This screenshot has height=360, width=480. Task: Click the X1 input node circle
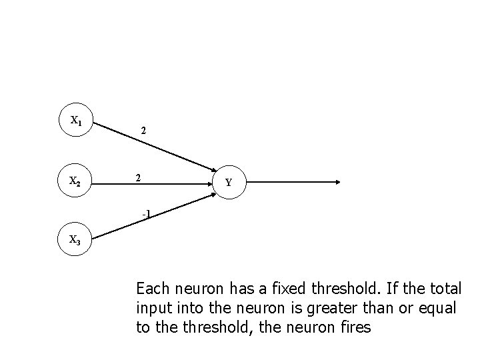[76, 121]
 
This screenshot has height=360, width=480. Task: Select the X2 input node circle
[76, 181]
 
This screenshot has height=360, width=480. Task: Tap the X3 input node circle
[76, 241]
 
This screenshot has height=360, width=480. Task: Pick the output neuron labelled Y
[229, 182]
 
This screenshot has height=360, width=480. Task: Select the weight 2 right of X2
[137, 178]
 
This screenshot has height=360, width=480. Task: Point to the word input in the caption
[153, 308]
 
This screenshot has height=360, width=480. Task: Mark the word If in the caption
[387, 289]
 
